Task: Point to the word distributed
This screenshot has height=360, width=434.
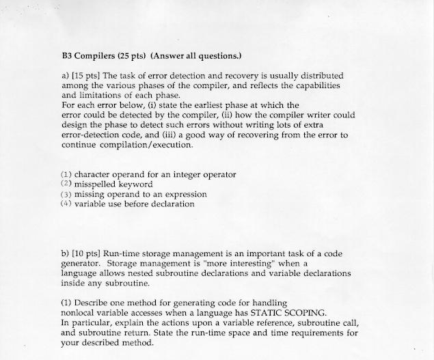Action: point(320,75)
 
